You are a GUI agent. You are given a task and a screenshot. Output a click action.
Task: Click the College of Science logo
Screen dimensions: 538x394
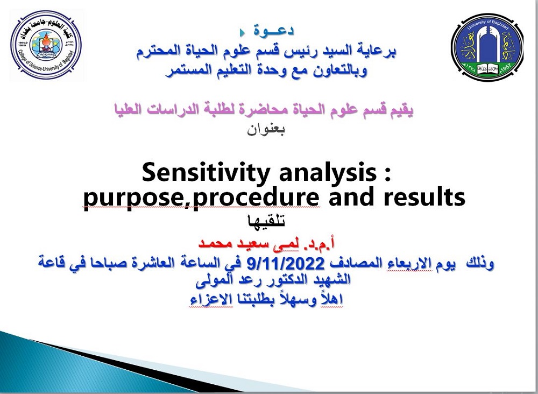coord(46,45)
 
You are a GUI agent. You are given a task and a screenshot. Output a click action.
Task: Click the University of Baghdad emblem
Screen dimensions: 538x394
coord(487,47)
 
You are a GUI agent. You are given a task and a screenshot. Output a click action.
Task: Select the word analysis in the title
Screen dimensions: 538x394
coord(328,173)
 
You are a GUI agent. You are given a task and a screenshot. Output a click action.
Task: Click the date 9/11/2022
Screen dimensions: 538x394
coord(286,264)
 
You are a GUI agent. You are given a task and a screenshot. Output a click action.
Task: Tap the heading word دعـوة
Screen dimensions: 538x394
coord(273,31)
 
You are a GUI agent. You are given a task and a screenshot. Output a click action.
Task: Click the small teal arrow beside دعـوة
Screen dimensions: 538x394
coord(242,33)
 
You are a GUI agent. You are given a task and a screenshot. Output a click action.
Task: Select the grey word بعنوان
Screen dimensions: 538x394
coord(266,129)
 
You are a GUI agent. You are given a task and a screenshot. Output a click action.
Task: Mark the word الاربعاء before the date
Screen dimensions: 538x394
coord(408,264)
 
